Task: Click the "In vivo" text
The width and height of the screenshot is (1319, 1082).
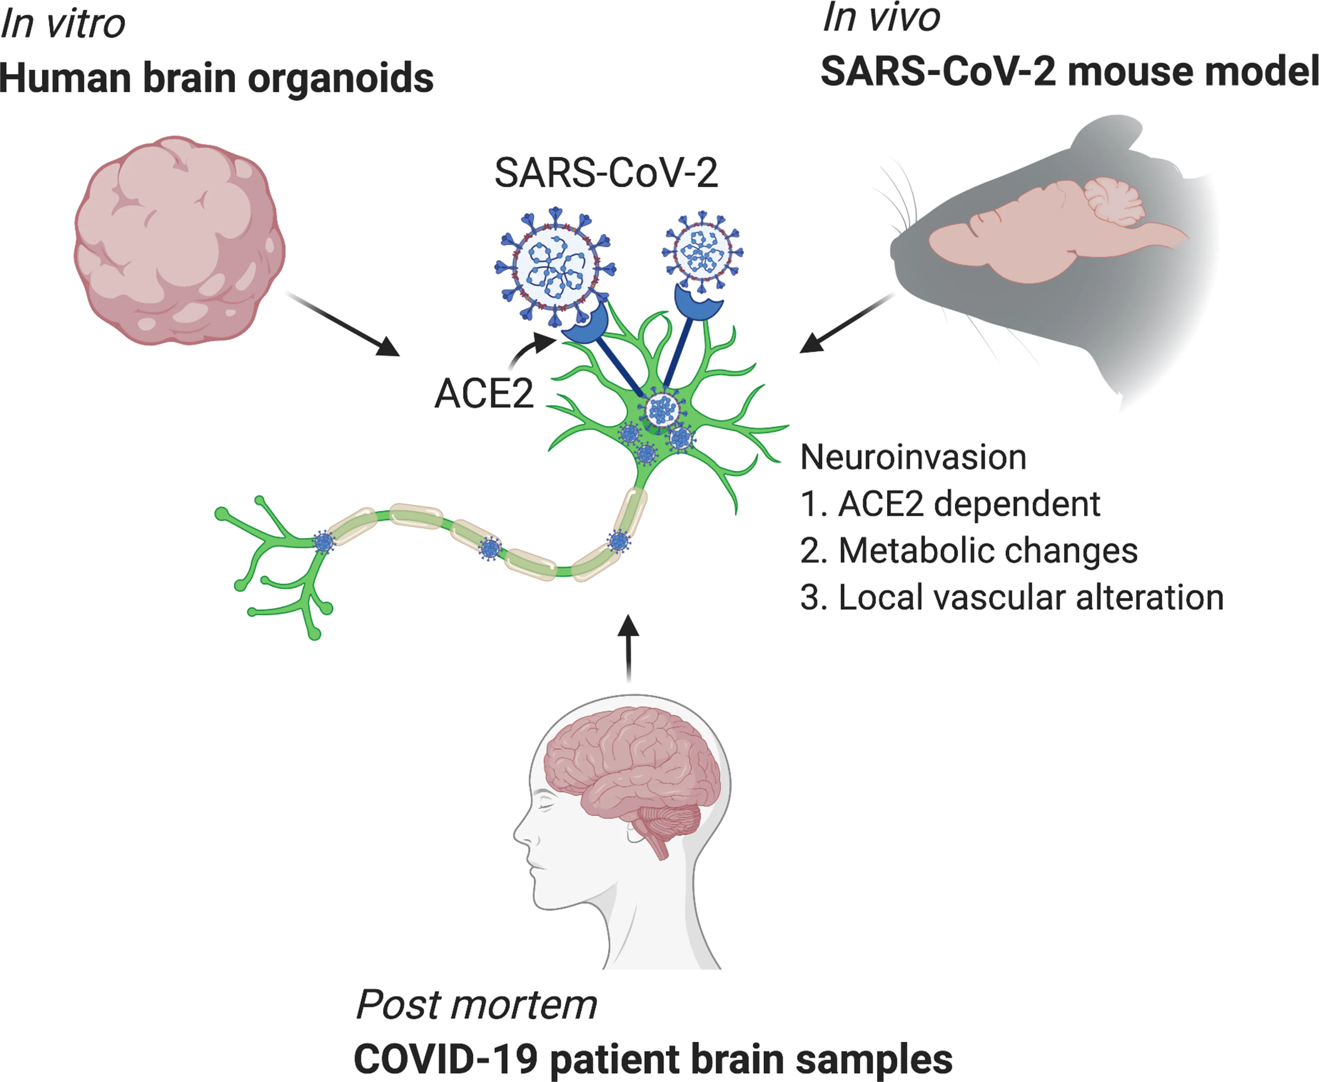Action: tap(881, 17)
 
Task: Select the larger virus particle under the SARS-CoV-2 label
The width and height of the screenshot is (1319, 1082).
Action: tap(555, 267)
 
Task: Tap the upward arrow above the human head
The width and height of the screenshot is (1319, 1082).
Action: tap(628, 648)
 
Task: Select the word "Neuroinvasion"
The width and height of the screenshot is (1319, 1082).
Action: tap(913, 457)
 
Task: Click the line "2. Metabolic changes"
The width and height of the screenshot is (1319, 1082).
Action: tap(969, 551)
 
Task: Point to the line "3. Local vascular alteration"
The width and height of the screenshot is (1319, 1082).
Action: tap(1012, 598)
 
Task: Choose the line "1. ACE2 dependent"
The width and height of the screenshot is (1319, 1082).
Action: tap(950, 504)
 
